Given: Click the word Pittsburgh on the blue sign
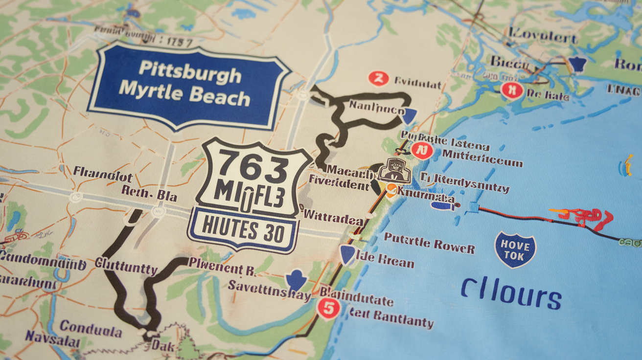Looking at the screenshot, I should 190,74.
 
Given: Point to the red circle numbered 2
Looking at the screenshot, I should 378,78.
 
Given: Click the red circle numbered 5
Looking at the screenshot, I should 328,309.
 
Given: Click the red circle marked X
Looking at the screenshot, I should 512,90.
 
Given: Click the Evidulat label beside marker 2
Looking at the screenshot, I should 417,84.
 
